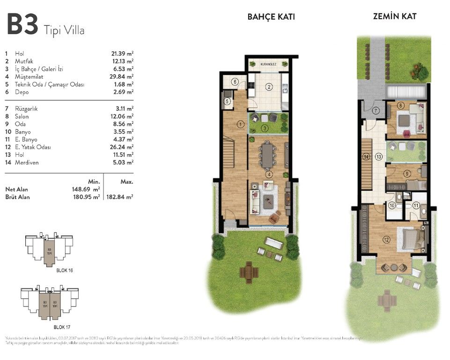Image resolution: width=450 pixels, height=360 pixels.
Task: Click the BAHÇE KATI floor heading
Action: (x=271, y=17)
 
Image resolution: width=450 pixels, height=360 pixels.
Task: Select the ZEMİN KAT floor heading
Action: (x=395, y=16)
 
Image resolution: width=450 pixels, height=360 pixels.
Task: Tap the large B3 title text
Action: (x=22, y=25)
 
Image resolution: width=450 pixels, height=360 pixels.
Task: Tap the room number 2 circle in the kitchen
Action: (x=269, y=86)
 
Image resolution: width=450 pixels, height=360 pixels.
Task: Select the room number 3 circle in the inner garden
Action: (x=265, y=128)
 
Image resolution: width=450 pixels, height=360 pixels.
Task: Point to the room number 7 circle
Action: (x=376, y=111)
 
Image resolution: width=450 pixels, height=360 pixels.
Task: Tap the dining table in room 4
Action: (x=267, y=156)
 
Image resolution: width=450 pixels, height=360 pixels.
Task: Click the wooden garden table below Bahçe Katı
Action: (x=249, y=271)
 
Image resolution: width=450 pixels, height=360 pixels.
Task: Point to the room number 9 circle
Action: (x=408, y=173)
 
